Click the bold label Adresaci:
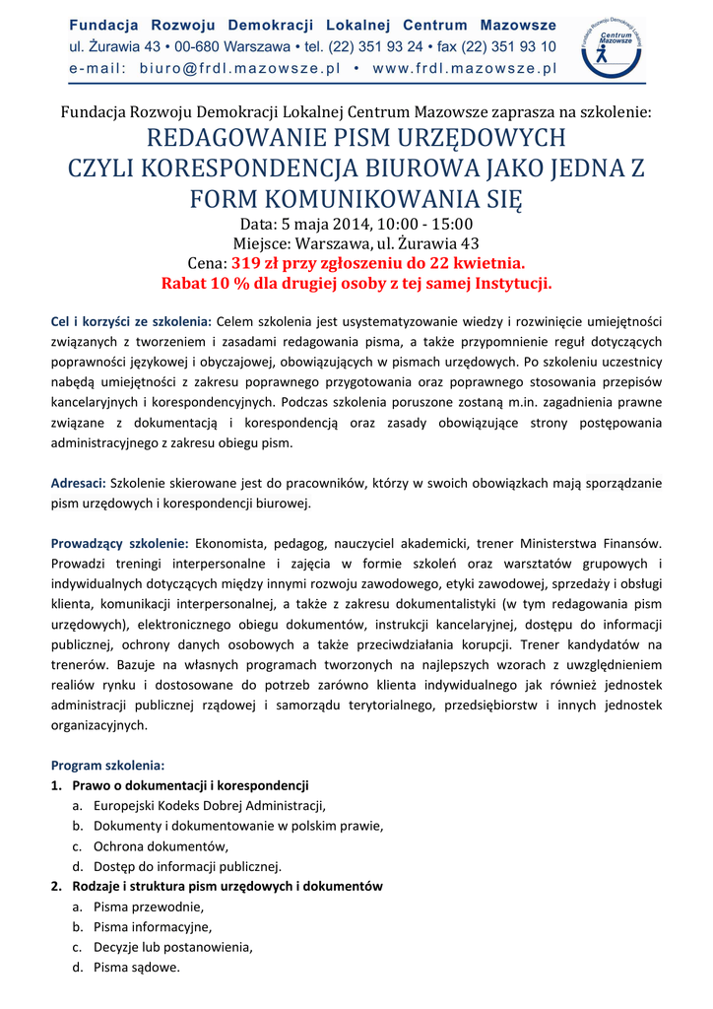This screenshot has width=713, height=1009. click(x=78, y=484)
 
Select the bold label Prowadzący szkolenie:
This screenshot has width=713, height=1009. click(x=119, y=543)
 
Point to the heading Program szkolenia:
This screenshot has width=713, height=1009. click(x=107, y=765)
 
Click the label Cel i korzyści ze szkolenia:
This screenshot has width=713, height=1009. click(x=131, y=321)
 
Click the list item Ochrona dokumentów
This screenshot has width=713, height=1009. click(x=161, y=846)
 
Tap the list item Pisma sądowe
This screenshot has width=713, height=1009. click(x=137, y=968)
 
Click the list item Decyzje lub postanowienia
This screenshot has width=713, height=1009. click(x=172, y=947)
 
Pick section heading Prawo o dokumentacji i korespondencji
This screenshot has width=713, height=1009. click(x=190, y=785)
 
